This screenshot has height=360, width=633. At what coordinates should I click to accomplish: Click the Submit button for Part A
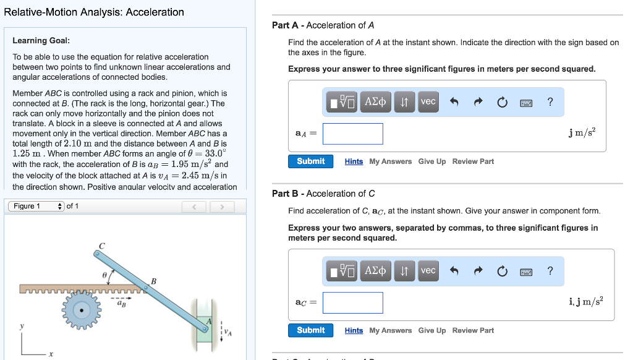[310, 161]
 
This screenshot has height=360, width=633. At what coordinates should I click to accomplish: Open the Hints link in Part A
[354, 161]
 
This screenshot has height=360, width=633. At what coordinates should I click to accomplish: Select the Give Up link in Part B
[431, 330]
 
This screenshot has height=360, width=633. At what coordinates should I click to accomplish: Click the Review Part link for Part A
[473, 161]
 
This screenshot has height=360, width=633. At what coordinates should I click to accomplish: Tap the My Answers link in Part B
[390, 330]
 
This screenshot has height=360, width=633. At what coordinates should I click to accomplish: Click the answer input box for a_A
[352, 134]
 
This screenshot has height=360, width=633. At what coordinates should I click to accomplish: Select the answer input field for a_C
[352, 302]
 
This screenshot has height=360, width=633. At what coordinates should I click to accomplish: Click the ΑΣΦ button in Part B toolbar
[375, 271]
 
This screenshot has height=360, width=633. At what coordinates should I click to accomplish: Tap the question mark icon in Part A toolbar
[550, 101]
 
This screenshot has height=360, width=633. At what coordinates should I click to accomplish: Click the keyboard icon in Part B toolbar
[526, 271]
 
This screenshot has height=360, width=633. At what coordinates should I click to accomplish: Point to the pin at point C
[97, 253]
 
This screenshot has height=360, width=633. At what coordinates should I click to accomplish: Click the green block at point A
[205, 325]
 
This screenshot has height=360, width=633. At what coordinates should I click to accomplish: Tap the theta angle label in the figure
[104, 272]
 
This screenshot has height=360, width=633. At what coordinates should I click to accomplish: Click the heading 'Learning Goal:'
[41, 41]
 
